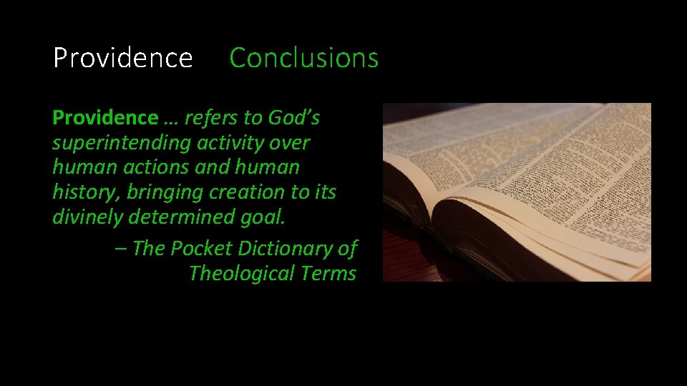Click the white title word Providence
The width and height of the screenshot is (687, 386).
pos(122,58)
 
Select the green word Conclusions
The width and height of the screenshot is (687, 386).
pos(303,58)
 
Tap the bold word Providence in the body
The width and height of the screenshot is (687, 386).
pos(104,117)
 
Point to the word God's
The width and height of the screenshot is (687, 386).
pos(294,117)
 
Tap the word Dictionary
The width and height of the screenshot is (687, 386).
pos(285,248)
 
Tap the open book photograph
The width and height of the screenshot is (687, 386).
pos(517,192)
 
